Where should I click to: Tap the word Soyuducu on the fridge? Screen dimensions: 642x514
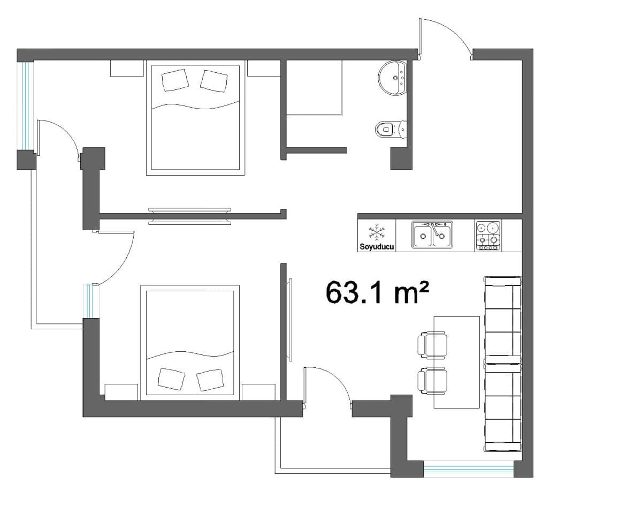coord(377,247)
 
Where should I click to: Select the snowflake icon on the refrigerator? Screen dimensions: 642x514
coord(377,232)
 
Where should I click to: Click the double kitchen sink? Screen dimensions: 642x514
coord(432,235)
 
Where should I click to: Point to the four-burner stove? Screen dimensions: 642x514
coord(488,236)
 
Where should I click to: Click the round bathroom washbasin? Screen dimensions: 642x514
coord(392,78)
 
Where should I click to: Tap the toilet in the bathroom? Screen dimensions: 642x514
coord(391,130)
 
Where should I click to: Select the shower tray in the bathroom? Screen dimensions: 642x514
coord(314,87)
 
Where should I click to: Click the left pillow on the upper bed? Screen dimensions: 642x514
coord(175,80)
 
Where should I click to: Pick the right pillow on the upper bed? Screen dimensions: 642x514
coord(214,81)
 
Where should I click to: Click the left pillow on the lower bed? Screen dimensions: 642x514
coord(171,379)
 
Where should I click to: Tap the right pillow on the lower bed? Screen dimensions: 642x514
coord(210,380)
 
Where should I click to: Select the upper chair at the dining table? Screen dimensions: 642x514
coord(432,345)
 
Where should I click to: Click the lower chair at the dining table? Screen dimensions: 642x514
coord(432,381)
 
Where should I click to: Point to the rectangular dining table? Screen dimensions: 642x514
coord(456,362)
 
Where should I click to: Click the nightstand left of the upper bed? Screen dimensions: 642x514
coord(127,69)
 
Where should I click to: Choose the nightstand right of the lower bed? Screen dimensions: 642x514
coord(258,392)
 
